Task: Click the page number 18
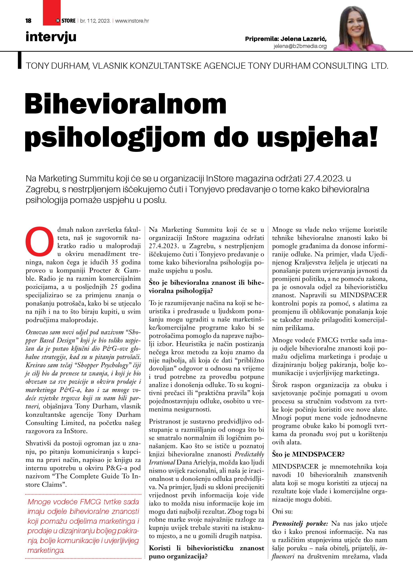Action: (x=29, y=21)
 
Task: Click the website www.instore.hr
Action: (x=132, y=21)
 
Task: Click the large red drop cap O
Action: (x=40, y=241)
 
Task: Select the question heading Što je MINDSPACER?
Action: (x=308, y=454)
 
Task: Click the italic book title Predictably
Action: (x=249, y=454)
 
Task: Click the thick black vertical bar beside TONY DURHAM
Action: (x=20, y=60)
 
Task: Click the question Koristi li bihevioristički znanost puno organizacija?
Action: (x=206, y=552)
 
